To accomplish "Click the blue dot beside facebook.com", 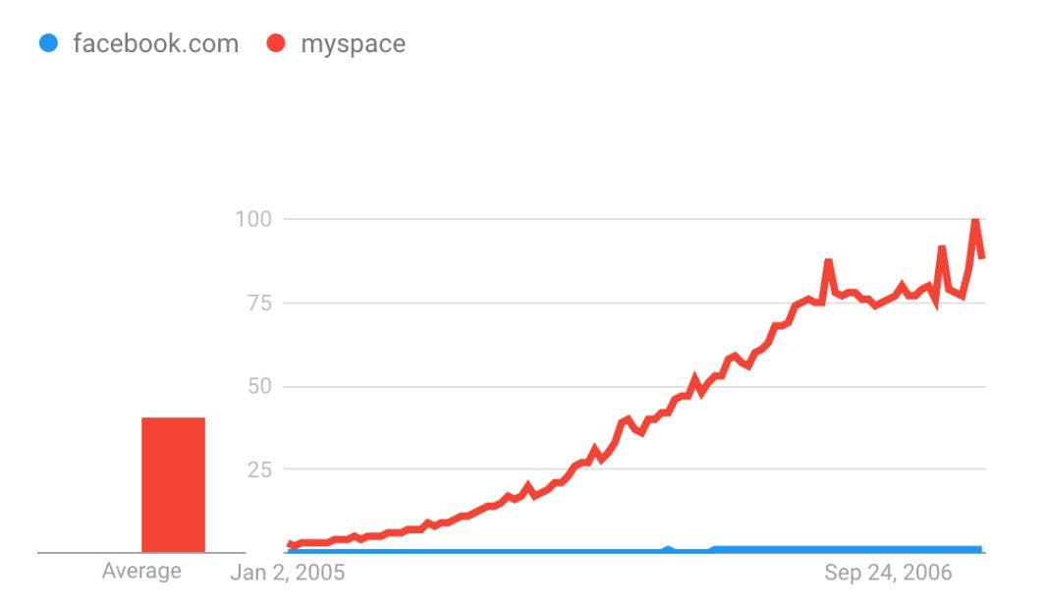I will [48, 43].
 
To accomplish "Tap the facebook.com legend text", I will [155, 44].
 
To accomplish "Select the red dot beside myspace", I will [276, 43].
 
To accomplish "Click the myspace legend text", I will [353, 44].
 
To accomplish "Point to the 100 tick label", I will [252, 218].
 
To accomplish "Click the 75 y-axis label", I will [257, 303].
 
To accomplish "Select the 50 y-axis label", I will [257, 386].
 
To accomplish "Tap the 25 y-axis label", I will [257, 469].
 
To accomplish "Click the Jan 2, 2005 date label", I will [287, 573].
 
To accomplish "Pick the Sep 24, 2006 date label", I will [888, 573].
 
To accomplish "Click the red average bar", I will [173, 485].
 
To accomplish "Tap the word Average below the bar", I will [141, 571].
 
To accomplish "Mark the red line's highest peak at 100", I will [975, 220].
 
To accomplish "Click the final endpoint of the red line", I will [981, 257].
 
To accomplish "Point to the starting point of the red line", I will [290, 543].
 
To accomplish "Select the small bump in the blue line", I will [668, 548].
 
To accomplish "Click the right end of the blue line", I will [980, 549].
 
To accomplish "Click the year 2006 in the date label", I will [928, 573].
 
